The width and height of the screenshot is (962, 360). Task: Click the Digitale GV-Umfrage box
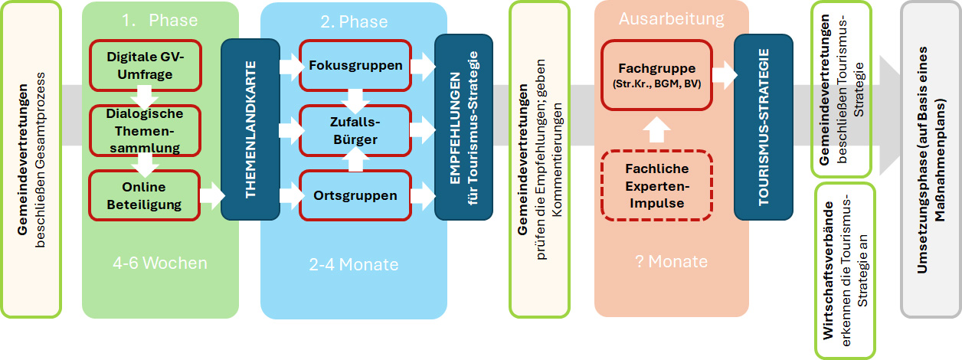[146, 64]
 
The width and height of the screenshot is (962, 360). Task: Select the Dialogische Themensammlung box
[146, 130]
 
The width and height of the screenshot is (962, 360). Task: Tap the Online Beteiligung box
[144, 195]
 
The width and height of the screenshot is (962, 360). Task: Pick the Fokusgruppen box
[355, 65]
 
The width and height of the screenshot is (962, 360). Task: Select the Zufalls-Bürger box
[355, 130]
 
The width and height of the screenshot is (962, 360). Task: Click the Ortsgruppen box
[355, 195]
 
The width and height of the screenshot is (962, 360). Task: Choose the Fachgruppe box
[656, 74]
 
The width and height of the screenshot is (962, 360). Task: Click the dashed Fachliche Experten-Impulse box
[656, 186]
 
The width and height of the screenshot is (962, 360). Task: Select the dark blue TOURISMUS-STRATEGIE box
[763, 127]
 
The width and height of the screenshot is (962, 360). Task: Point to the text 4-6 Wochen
[160, 263]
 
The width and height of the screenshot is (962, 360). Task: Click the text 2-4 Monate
[353, 265]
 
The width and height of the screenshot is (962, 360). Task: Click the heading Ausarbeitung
[671, 18]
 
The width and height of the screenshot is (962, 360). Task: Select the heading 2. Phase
[354, 21]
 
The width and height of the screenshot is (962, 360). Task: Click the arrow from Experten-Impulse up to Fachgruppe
[656, 129]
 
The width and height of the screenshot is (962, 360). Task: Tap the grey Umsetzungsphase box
[930, 159]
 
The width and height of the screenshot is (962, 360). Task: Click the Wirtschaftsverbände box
[845, 270]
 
